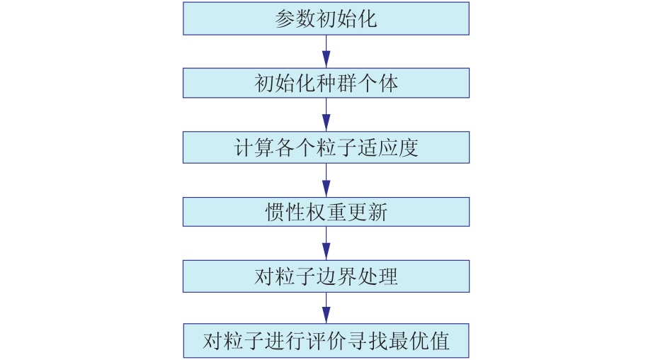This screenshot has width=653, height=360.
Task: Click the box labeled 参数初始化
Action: click(x=326, y=18)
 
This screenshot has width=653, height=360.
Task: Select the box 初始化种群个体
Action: click(x=326, y=83)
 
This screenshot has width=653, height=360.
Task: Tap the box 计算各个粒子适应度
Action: click(x=326, y=147)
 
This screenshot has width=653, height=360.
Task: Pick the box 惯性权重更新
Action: click(x=326, y=212)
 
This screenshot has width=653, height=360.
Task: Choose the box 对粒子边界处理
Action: click(x=326, y=276)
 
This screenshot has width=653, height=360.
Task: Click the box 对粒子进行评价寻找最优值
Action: click(x=326, y=341)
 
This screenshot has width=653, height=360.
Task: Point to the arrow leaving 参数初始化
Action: click(x=326, y=51)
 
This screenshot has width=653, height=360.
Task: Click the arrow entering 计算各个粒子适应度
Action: click(x=326, y=115)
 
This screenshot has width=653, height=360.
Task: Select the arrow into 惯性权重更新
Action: click(x=326, y=180)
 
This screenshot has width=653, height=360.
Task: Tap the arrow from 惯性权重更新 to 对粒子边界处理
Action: click(x=326, y=243)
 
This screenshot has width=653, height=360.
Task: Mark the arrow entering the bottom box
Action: click(x=326, y=308)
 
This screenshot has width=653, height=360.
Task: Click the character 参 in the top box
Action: click(x=285, y=18)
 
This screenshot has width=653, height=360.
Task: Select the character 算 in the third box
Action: click(x=264, y=148)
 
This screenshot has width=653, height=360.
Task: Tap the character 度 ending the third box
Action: click(x=408, y=148)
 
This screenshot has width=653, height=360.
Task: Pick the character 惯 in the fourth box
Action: click(x=275, y=212)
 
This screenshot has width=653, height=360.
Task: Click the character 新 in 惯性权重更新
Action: click(x=377, y=212)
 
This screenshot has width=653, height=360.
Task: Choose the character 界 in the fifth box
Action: click(x=346, y=276)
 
